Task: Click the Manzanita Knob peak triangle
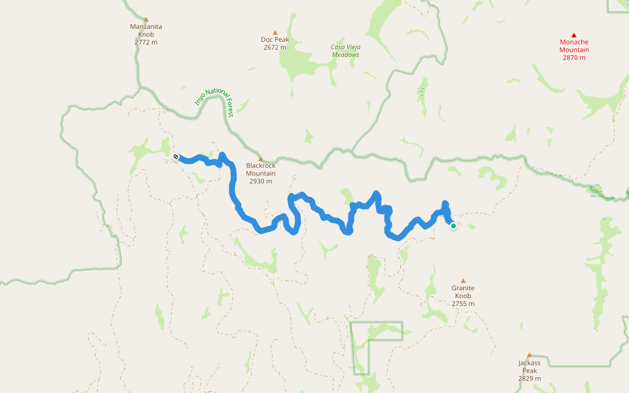[x=145, y=20]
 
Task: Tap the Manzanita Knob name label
[x=145, y=30]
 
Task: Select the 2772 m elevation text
[x=145, y=42]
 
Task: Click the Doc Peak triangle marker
[x=275, y=32]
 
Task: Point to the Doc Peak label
[x=275, y=39]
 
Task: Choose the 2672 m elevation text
[x=275, y=47]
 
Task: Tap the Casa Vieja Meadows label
[x=345, y=50]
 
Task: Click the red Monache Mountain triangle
[x=574, y=35]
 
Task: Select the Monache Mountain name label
[x=574, y=46]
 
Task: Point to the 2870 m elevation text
[x=574, y=58]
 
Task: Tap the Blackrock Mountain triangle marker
[x=261, y=159]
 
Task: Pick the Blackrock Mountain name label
[x=261, y=169]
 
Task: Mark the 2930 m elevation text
[x=261, y=181]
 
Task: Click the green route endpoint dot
[x=453, y=226]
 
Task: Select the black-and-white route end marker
[x=176, y=157]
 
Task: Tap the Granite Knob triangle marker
[x=463, y=280]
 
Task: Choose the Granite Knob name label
[x=463, y=291]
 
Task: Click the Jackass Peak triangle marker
[x=529, y=355]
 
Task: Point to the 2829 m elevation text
[x=529, y=379]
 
